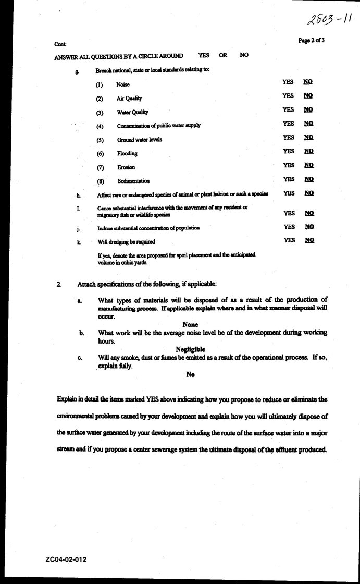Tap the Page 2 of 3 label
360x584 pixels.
tap(311, 41)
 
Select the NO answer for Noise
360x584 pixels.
tap(308, 82)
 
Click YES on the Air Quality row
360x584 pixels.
tap(288, 96)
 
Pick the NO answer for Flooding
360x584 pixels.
tap(308, 151)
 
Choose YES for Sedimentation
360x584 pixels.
tap(289, 179)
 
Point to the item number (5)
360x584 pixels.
tap(100, 140)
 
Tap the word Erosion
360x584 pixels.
tap(126, 167)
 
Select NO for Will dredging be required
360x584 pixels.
tap(309, 240)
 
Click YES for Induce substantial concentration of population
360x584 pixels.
tap(289, 227)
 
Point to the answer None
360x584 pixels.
tap(190, 325)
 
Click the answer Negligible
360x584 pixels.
tap(190, 349)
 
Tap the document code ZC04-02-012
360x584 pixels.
tap(66, 560)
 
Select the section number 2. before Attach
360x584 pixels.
tap(59, 284)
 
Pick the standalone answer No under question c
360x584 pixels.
tap(190, 374)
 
